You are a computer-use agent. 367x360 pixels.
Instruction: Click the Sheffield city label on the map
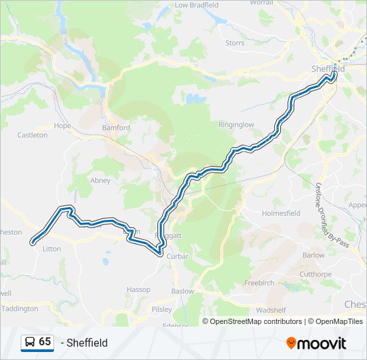pyautogui.click(x=328, y=69)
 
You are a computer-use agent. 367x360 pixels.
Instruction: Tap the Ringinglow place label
pyautogui.click(x=236, y=125)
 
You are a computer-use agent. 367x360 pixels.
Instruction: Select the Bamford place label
pyautogui.click(x=115, y=127)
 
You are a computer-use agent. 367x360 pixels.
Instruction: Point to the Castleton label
pyautogui.click(x=33, y=135)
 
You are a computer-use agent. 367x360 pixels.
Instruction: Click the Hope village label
pyautogui.click(x=62, y=125)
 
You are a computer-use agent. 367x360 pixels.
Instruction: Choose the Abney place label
pyautogui.click(x=100, y=180)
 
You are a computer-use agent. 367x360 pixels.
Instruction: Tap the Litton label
pyautogui.click(x=51, y=249)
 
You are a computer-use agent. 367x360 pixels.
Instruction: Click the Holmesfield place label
pyautogui.click(x=282, y=213)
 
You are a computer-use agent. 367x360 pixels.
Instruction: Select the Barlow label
pyautogui.click(x=313, y=255)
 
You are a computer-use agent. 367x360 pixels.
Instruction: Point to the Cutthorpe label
pyautogui.click(x=315, y=274)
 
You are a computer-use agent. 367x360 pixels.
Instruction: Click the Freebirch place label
pyautogui.click(x=259, y=283)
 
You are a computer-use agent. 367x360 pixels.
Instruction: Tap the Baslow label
pyautogui.click(x=182, y=291)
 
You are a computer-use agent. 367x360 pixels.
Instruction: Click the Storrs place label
pyautogui.click(x=235, y=43)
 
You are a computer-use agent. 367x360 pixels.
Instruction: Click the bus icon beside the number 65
pyautogui.click(x=30, y=342)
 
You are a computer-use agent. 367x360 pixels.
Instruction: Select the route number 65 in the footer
pyautogui.click(x=45, y=342)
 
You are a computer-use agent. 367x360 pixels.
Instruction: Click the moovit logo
pyautogui.click(x=316, y=343)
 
